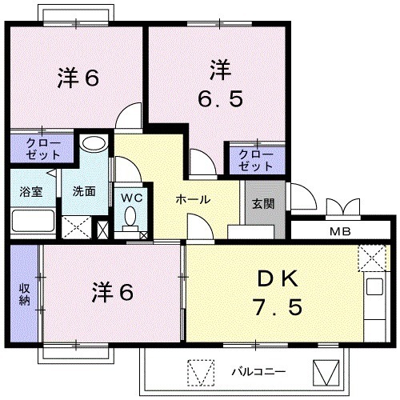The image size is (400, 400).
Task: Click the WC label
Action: click(132, 198)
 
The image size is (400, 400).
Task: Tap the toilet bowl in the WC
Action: click(130, 218)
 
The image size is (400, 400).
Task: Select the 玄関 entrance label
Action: click(263, 204)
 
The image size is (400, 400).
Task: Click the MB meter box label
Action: click(340, 231)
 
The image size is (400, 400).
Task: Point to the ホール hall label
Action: click(193, 199)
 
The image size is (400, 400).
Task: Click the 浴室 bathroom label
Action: click(31, 191)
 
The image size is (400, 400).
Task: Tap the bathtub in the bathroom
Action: click(34, 221)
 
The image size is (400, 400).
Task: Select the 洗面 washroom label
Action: click(84, 191)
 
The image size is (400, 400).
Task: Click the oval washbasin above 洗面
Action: click(94, 143)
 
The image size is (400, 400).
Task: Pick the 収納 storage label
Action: click(24, 294)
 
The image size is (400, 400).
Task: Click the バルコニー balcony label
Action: click(258, 371)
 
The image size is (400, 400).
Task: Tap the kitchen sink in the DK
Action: click(374, 286)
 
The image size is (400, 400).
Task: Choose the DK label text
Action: click(278, 279)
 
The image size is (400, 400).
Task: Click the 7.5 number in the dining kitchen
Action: click(278, 306)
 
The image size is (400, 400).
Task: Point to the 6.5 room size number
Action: click(220, 98)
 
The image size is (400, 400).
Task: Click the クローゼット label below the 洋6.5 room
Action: click(255, 161)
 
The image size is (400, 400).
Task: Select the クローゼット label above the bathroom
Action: click(43, 149)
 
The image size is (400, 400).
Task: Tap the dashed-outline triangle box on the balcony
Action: click(201, 373)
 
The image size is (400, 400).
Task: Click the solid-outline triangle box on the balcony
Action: click(326, 373)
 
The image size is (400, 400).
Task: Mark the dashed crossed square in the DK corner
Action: click(371, 258)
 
